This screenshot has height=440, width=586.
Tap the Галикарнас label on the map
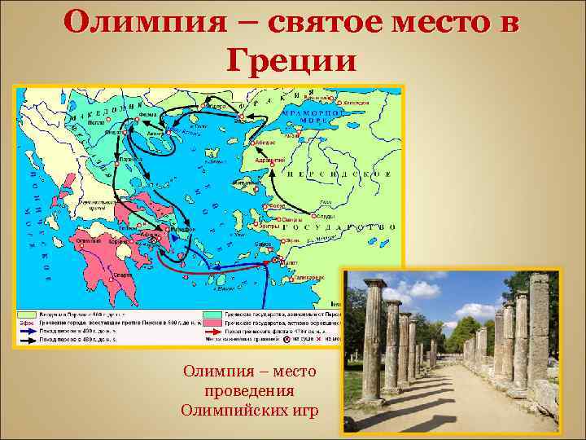(x=309, y=277)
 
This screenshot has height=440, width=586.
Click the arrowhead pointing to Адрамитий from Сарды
(x=272, y=163)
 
